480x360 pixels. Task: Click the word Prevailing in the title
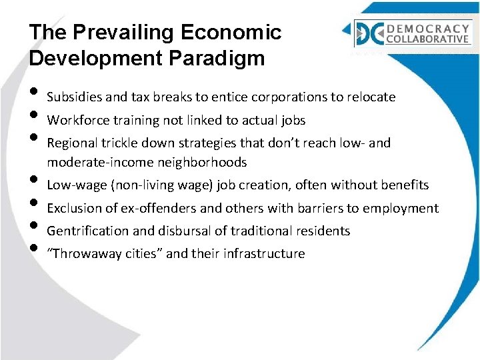(x=110, y=33)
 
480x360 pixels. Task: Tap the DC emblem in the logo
(x=369, y=33)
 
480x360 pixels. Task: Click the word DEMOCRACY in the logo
(x=427, y=28)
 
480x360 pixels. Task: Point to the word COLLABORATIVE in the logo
(x=427, y=39)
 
